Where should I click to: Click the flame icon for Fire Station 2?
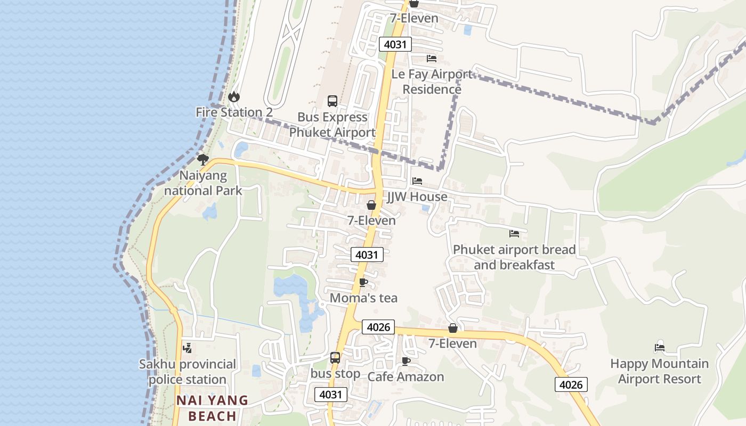pyautogui.click(x=233, y=97)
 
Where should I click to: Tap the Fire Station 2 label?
pyautogui.click(x=234, y=112)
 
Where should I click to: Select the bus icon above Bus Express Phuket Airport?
pyautogui.click(x=333, y=101)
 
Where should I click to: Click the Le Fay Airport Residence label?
pyautogui.click(x=432, y=81)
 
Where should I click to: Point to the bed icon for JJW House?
pyautogui.click(x=417, y=182)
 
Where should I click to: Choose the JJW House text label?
pyautogui.click(x=417, y=197)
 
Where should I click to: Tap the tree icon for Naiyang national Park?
pyautogui.click(x=203, y=159)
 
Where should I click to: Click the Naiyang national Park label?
pyautogui.click(x=203, y=183)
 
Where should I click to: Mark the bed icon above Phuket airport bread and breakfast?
pyautogui.click(x=514, y=234)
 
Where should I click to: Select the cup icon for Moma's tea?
pyautogui.click(x=363, y=282)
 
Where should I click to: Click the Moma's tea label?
pyautogui.click(x=363, y=298)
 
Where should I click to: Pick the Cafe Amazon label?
pyautogui.click(x=406, y=377)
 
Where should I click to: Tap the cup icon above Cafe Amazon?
pyautogui.click(x=406, y=362)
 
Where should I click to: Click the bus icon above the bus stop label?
pyautogui.click(x=335, y=358)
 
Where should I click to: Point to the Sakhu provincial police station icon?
pyautogui.click(x=187, y=348)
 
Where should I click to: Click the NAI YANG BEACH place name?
pyautogui.click(x=213, y=408)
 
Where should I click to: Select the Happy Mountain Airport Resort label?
pyautogui.click(x=659, y=371)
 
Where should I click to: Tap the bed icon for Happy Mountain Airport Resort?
pyautogui.click(x=660, y=348)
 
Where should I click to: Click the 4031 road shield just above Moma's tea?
pyautogui.click(x=367, y=255)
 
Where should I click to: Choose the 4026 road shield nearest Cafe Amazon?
pyautogui.click(x=379, y=327)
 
